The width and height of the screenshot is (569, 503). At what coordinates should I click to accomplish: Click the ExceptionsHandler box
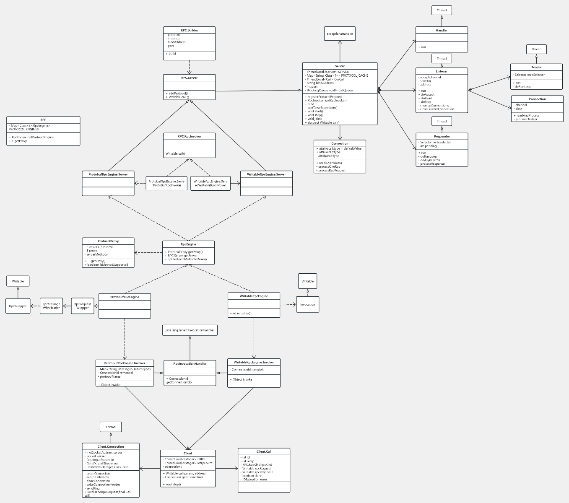pyautogui.click(x=340, y=34)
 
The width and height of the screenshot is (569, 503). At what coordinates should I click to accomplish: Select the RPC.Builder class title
pyautogui.click(x=189, y=30)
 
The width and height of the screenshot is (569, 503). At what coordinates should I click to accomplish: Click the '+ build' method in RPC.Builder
pyautogui.click(x=171, y=54)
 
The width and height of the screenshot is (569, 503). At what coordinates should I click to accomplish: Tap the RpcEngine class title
pyautogui.click(x=188, y=244)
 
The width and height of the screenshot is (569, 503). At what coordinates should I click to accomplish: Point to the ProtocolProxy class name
pyautogui.click(x=108, y=241)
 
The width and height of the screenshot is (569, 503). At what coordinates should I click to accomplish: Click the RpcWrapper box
pyautogui.click(x=18, y=306)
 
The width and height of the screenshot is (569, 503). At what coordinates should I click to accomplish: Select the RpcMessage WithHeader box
pyautogui.click(x=51, y=306)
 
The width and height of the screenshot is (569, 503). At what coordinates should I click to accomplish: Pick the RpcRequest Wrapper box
pyautogui.click(x=82, y=306)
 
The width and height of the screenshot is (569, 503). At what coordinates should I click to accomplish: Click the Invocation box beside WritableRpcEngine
pyautogui.click(x=307, y=304)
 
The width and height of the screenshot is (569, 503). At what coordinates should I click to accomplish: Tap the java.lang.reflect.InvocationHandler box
pyautogui.click(x=190, y=330)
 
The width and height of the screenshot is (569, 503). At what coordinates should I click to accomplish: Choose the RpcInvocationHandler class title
pyautogui.click(x=190, y=363)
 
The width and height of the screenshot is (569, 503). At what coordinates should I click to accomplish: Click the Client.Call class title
pyautogui.click(x=264, y=451)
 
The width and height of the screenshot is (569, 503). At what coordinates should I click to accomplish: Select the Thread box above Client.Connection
pyautogui.click(x=111, y=427)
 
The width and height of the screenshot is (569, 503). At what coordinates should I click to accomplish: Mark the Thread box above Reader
pyautogui.click(x=536, y=49)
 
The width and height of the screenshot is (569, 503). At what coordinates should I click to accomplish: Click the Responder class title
pyautogui.click(x=442, y=136)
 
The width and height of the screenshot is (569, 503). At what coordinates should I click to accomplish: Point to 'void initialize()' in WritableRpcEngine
pyautogui.click(x=240, y=313)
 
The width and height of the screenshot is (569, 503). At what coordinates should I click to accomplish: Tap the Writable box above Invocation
pyautogui.click(x=307, y=281)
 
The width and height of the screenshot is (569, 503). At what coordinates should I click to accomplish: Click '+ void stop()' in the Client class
pyautogui.click(x=171, y=484)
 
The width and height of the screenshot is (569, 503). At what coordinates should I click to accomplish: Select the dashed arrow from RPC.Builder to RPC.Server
pyautogui.click(x=189, y=67)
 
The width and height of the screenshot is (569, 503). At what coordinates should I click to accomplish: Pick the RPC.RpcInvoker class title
pyautogui.click(x=189, y=136)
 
